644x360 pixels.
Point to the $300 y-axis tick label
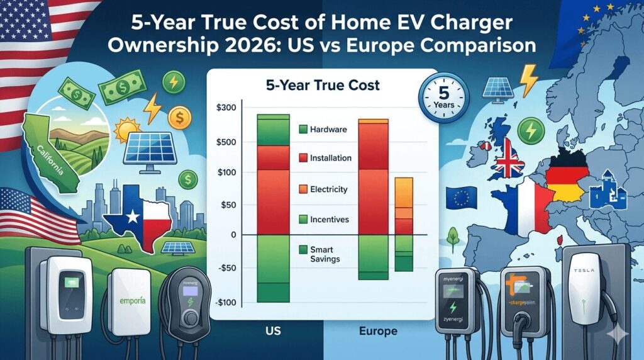click(225, 108)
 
